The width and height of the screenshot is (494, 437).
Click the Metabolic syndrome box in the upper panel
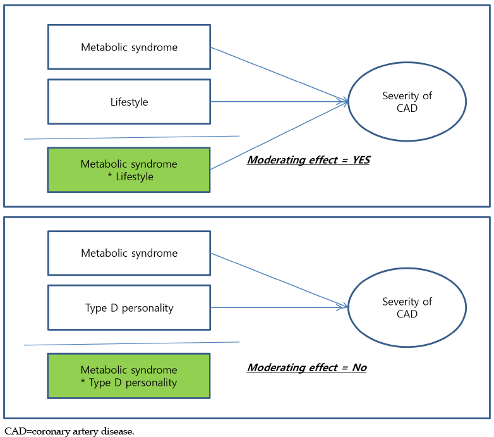[129, 47]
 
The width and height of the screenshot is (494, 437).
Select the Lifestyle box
[129, 102]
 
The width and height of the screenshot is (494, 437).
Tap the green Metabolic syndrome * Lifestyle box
[129, 170]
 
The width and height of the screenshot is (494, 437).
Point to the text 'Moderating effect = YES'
[308, 160]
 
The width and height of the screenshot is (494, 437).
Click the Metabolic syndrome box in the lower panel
[129, 253]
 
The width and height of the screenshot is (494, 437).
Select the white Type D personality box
[129, 308]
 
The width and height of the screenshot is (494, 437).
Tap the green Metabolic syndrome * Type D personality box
[129, 376]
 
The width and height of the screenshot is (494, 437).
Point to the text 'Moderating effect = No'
[307, 367]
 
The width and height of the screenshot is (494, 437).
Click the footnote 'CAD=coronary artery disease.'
[69, 431]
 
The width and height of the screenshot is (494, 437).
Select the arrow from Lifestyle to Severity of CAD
[279, 102]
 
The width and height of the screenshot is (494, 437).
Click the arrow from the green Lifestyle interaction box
[279, 135]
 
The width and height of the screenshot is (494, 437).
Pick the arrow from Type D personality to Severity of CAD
[279, 307]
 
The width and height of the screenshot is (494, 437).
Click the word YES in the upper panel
[361, 160]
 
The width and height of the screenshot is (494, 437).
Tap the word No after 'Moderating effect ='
[359, 367]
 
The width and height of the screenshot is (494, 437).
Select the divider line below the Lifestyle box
[131, 137]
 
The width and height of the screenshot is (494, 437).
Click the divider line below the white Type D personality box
[131, 343]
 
